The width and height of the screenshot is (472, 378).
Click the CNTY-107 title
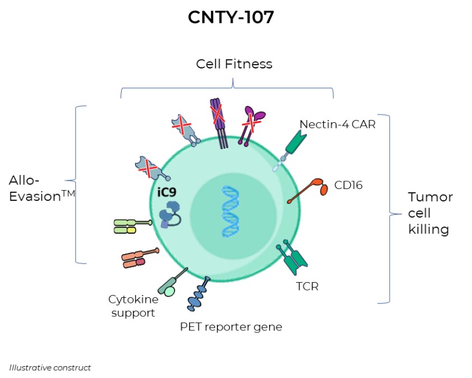231,17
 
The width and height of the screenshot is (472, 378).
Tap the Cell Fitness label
234,64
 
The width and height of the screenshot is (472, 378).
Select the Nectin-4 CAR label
337,125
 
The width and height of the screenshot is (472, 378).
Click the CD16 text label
348,185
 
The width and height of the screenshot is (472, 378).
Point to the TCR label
307,287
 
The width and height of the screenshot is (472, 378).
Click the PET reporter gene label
231,326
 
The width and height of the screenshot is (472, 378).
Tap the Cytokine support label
133,306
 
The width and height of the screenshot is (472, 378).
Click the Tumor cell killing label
430,213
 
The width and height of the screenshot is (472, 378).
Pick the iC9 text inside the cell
166,192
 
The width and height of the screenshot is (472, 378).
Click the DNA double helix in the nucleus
229,212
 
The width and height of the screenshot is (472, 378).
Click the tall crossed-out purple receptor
218,122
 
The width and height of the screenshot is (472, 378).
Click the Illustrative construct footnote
50,368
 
